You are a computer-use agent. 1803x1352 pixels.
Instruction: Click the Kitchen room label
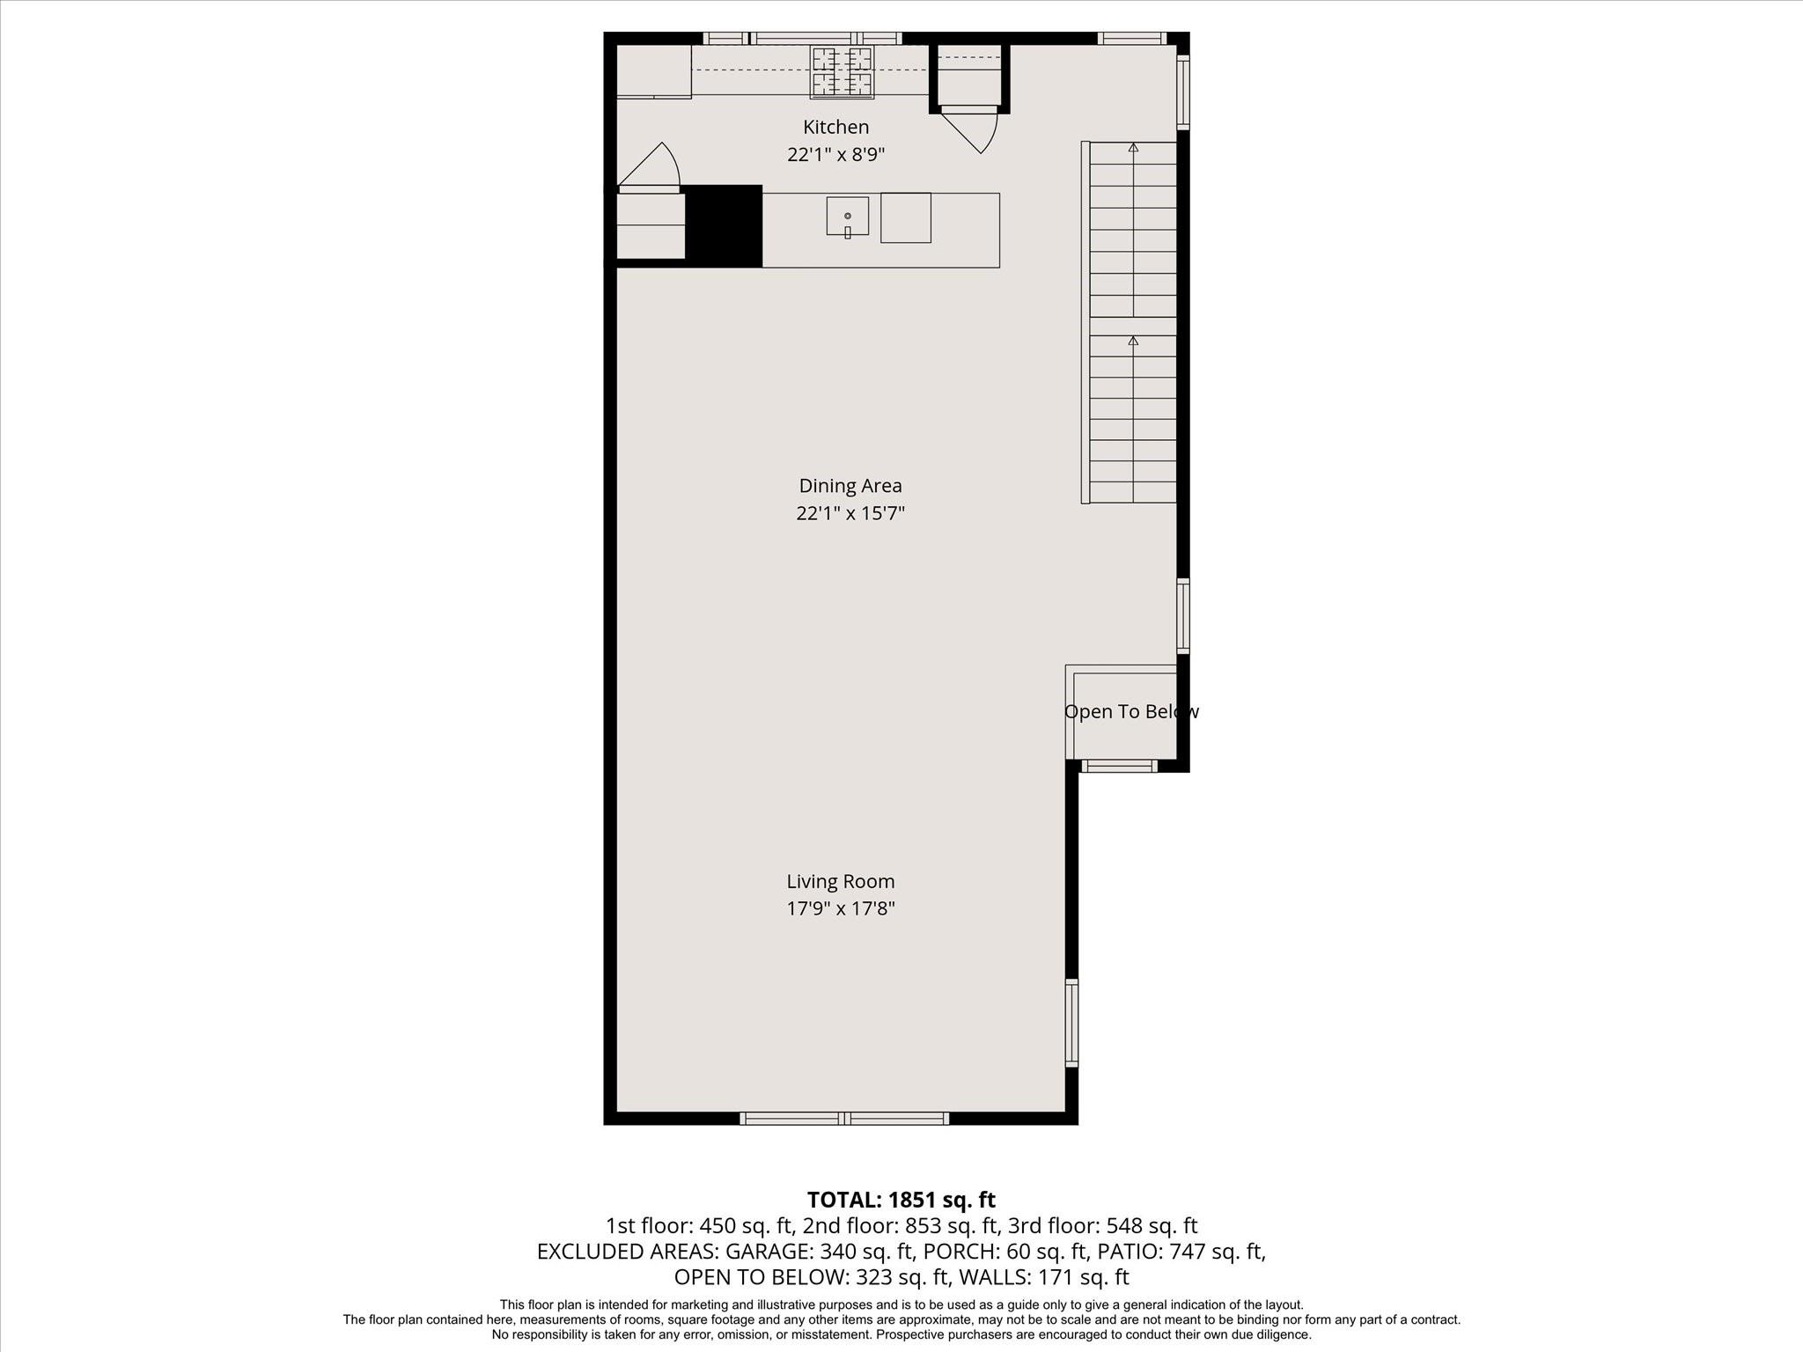(835, 127)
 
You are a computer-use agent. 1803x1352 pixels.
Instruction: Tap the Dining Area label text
(850, 485)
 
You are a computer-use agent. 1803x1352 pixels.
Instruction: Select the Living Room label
(840, 881)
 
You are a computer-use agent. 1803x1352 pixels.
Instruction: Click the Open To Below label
(1130, 711)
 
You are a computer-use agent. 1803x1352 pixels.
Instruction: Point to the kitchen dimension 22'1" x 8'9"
(835, 155)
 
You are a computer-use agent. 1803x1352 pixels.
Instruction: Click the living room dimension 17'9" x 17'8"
(840, 908)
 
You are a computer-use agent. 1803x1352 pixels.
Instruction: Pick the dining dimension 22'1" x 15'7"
(850, 513)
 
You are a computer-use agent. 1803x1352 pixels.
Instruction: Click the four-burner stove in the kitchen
(842, 72)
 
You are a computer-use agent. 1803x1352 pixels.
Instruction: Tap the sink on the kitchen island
(847, 217)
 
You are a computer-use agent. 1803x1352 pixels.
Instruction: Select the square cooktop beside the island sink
(905, 217)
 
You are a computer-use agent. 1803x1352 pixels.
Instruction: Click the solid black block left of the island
(723, 225)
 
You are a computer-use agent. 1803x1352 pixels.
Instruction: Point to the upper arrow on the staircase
(1133, 148)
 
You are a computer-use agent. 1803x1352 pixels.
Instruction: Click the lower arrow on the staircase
(1133, 341)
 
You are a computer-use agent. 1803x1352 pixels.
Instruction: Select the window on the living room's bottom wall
(843, 1118)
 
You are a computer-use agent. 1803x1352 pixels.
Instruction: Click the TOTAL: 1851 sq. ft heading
(901, 1200)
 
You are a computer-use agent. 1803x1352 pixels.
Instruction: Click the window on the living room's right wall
(1071, 1022)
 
